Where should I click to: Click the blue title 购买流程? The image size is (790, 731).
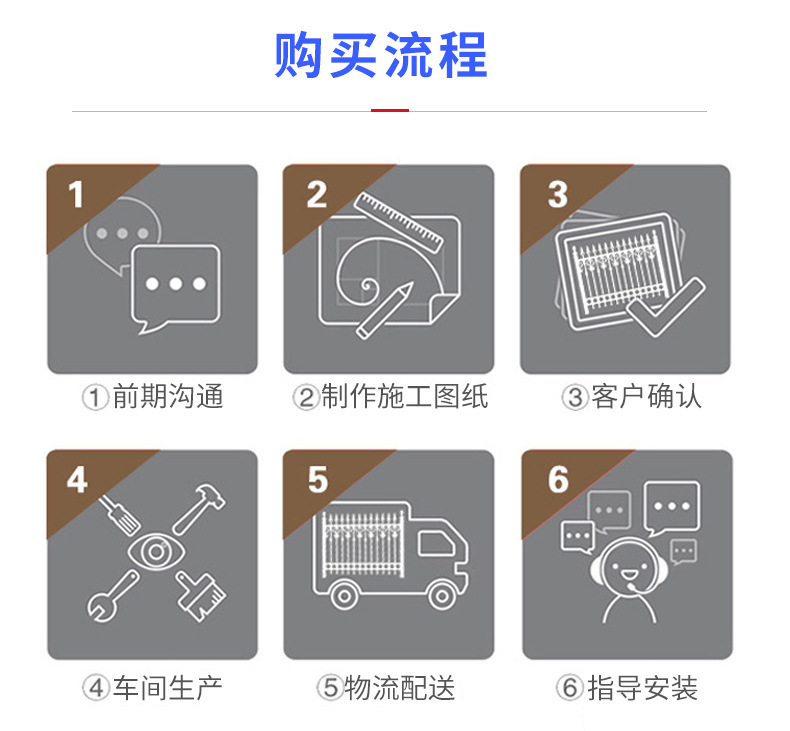pos(381,55)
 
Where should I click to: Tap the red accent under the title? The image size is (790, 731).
pos(390,110)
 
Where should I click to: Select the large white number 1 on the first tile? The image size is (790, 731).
pos(76,194)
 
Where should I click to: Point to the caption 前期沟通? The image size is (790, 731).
pos(168,396)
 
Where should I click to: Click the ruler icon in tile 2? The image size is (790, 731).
pos(399,222)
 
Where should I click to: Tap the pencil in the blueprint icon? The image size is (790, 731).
pos(384,311)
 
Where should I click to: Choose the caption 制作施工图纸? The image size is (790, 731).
pos(405,396)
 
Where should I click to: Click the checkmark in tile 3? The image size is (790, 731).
pos(666,306)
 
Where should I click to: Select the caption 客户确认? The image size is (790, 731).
pos(646,396)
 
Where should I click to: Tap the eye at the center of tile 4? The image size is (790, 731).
pos(156,552)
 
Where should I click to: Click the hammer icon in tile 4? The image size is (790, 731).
pos(199,509)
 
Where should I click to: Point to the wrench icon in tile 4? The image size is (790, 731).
pos(113,596)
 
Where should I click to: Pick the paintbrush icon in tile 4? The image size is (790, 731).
pos(201,596)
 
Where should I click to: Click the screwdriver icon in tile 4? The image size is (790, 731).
pos(119,514)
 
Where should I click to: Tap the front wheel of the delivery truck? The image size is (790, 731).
pos(442,596)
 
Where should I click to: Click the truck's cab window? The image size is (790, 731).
pos(436,545)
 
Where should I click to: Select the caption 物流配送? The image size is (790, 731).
pos(400,688)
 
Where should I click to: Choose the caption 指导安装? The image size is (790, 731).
pos(643,688)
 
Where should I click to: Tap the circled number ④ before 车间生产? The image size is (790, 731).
pos(95,688)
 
